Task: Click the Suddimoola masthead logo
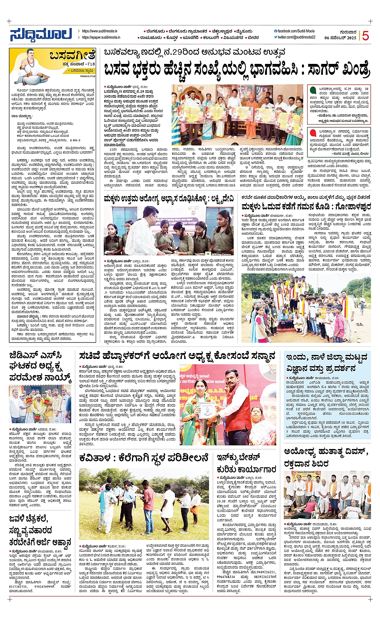pos(41,35)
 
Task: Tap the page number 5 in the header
pos(365,35)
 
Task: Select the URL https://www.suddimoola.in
pos(99,31)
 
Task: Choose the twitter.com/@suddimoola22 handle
pos(296,37)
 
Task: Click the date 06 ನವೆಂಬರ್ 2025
pos(340,38)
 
